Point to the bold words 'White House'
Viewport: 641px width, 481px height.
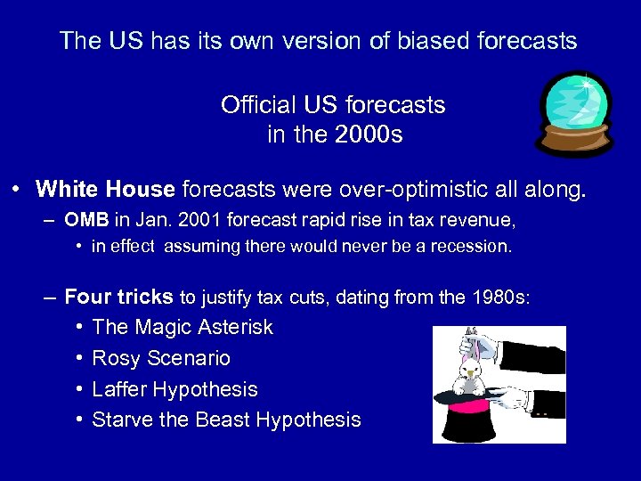105,189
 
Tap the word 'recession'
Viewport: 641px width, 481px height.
473,247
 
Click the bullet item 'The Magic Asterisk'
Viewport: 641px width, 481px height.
183,328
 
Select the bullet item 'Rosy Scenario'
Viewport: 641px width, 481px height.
161,359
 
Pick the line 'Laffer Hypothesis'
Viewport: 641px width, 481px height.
174,389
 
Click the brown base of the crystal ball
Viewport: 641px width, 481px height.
573,142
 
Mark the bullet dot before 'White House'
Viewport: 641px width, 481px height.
17,190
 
